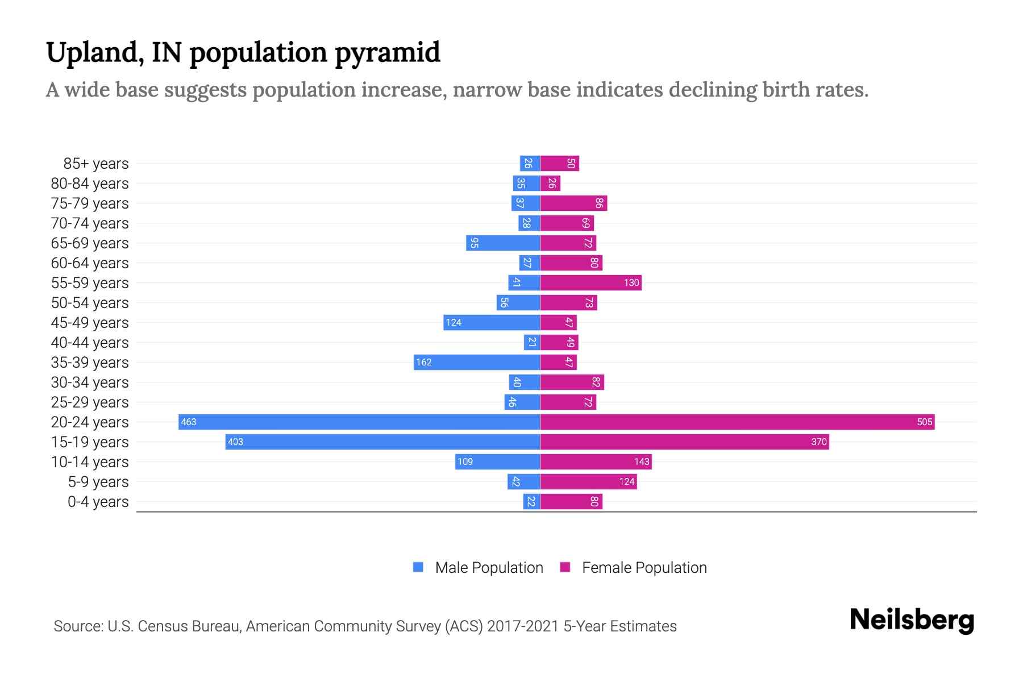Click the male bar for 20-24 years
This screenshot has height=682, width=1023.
click(x=359, y=422)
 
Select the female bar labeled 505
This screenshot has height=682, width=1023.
click(x=737, y=422)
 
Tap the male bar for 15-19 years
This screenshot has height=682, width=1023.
click(x=382, y=442)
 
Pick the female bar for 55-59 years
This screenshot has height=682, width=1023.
click(x=590, y=282)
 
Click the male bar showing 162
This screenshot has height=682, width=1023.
click(x=477, y=362)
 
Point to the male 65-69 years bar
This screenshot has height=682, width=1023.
click(x=503, y=243)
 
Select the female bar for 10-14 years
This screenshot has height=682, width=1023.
click(x=596, y=461)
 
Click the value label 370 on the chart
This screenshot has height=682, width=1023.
click(x=818, y=442)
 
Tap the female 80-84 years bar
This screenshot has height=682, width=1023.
click(x=550, y=183)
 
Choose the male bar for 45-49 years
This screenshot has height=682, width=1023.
click(x=492, y=322)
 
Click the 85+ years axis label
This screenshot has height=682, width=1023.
click(x=96, y=164)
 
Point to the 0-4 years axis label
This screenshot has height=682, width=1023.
click(x=98, y=502)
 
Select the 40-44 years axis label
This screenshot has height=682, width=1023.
click(x=90, y=343)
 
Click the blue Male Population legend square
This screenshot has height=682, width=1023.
click(x=418, y=567)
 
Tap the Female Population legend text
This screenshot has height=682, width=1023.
click(x=644, y=567)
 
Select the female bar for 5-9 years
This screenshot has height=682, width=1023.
click(x=588, y=481)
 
